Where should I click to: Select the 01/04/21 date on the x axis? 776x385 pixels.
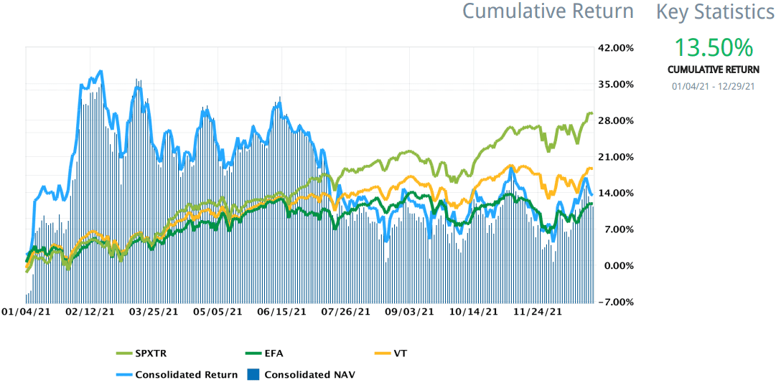point(27,312)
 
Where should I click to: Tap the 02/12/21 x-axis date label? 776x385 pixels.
point(90,312)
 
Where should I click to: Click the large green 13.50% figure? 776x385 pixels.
point(713,48)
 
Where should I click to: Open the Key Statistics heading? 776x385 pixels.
point(716,11)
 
